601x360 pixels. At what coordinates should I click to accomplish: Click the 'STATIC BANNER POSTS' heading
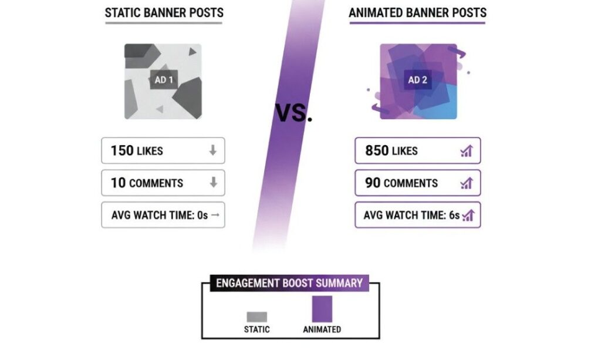click(164, 13)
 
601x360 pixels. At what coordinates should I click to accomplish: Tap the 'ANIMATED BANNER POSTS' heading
click(417, 13)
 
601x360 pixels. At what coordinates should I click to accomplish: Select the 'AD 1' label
click(164, 80)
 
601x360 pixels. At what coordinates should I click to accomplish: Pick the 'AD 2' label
click(417, 80)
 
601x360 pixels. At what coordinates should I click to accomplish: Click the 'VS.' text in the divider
click(293, 113)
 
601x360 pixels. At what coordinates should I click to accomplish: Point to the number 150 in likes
click(122, 151)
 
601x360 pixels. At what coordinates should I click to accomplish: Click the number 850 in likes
click(377, 151)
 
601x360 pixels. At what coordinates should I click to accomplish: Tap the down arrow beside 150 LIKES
click(212, 150)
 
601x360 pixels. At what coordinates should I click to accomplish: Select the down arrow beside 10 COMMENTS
click(214, 183)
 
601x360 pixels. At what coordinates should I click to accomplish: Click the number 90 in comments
click(373, 183)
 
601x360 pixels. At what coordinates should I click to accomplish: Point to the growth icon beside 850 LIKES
click(467, 151)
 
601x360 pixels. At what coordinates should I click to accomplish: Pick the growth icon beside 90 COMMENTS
click(467, 183)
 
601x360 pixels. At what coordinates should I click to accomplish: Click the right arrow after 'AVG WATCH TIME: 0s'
click(215, 215)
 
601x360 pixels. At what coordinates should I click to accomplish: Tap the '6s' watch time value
click(454, 215)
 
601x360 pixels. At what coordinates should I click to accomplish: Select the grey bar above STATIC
click(257, 317)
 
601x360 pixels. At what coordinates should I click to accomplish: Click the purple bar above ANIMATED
click(322, 309)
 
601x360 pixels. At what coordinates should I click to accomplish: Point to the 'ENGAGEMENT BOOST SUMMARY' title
click(289, 283)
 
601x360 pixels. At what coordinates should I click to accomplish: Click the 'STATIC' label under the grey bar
click(257, 329)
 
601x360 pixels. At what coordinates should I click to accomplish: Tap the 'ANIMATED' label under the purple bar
click(322, 329)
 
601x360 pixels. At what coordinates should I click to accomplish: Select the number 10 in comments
click(118, 183)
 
